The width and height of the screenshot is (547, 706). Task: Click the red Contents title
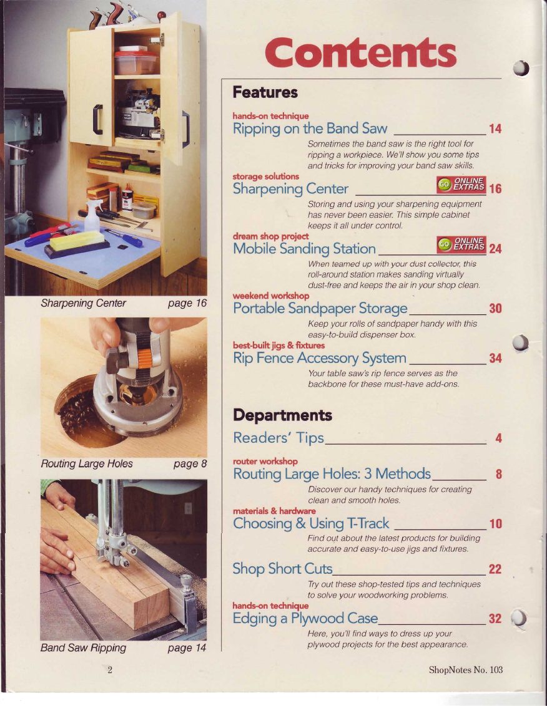[360, 52]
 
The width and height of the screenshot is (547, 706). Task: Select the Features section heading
[265, 92]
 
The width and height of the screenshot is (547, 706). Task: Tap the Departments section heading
[282, 415]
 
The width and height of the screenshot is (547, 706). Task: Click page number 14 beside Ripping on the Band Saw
[495, 128]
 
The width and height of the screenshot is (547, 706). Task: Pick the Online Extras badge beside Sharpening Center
[461, 185]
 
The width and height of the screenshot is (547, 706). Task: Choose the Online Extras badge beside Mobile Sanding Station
[461, 244]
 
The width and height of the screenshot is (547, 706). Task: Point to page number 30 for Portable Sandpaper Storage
[495, 309]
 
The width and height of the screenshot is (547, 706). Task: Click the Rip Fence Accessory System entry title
[320, 359]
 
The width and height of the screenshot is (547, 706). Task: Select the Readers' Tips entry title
[278, 438]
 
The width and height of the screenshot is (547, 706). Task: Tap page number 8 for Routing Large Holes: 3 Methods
[498, 474]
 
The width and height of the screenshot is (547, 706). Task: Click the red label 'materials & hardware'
[274, 511]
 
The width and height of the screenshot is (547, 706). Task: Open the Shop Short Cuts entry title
[283, 569]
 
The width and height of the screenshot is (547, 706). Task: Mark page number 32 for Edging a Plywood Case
[495, 619]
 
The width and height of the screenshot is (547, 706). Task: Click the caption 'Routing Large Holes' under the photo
[87, 464]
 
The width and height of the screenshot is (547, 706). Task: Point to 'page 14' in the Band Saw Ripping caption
[187, 648]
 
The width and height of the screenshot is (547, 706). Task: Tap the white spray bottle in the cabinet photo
[92, 216]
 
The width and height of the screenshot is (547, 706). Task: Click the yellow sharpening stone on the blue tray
[77, 241]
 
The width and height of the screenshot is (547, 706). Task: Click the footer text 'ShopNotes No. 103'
[465, 670]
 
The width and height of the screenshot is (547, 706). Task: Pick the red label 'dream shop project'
[270, 236]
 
